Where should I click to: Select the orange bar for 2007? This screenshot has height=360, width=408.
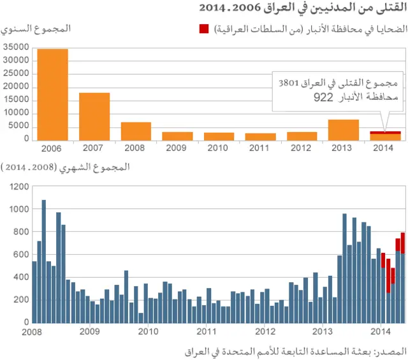point(94,117)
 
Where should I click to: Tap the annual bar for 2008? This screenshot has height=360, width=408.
point(136,131)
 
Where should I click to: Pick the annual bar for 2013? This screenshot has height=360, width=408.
point(344,129)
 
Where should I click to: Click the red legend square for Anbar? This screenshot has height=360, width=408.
point(204,29)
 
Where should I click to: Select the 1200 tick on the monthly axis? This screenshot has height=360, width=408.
point(20,186)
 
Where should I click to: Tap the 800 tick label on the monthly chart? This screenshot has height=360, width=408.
point(22,231)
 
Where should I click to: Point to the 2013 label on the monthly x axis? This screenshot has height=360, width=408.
point(323,331)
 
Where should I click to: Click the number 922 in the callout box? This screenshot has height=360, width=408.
point(324,98)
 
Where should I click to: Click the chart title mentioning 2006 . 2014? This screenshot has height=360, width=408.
point(302,8)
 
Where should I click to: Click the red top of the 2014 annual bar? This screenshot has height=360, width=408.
point(386,132)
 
